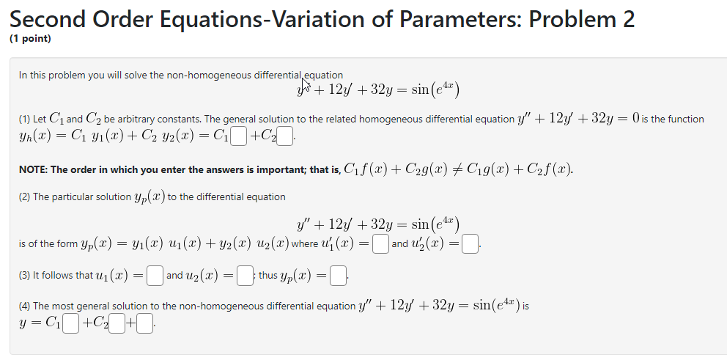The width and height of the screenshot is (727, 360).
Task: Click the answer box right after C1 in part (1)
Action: (238, 136)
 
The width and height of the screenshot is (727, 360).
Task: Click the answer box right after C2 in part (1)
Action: (285, 136)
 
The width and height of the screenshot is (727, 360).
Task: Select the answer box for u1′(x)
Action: (380, 243)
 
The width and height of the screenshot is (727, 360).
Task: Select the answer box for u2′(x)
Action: (470, 243)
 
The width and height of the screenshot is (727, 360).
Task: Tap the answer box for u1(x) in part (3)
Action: (154, 276)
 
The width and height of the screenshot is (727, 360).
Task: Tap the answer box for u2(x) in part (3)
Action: (246, 276)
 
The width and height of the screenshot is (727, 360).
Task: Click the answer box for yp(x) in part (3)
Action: (339, 276)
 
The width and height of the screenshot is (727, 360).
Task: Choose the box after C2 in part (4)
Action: (117, 323)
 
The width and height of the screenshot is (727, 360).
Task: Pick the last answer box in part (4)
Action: (145, 323)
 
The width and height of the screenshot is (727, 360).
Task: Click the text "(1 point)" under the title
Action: (31, 39)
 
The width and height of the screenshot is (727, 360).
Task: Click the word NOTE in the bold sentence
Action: (34, 169)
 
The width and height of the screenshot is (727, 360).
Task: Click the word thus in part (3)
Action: (268, 276)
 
